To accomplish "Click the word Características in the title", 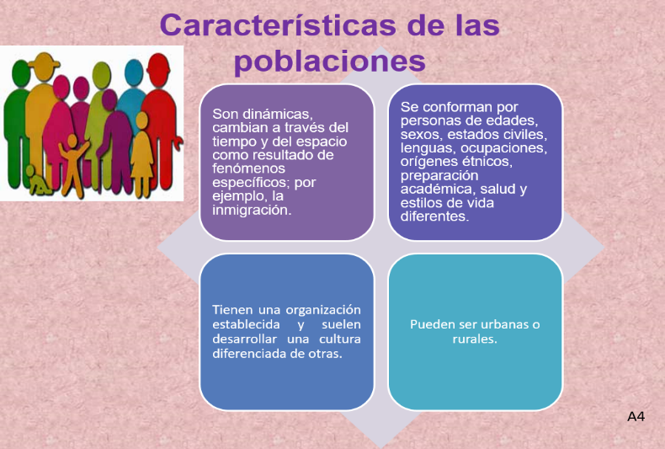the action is [x=279, y=24].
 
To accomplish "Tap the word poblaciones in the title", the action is [x=329, y=61].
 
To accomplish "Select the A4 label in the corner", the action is [x=636, y=417].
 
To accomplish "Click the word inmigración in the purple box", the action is [x=252, y=210].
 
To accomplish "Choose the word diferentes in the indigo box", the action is [x=434, y=216].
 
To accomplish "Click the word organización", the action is [x=323, y=310].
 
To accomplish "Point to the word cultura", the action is [x=340, y=339].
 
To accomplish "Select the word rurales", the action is [x=475, y=339].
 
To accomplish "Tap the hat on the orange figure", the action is [x=44, y=61].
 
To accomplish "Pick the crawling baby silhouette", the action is [x=37, y=181].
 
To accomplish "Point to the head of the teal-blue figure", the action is [x=134, y=73].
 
